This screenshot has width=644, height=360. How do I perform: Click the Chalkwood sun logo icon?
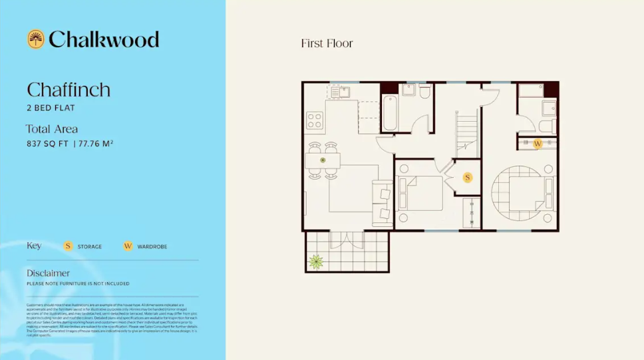[x=35, y=39]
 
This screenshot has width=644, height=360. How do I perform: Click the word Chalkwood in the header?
[x=103, y=39]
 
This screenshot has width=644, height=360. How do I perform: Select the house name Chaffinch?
[x=69, y=90]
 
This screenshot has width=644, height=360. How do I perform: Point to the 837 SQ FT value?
[x=47, y=143]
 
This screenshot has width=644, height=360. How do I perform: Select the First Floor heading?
[x=327, y=44]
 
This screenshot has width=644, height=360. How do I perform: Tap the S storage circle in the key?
[x=68, y=246]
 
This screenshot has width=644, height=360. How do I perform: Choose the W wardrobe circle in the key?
[x=128, y=246]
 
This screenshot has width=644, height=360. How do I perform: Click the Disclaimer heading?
[x=48, y=273]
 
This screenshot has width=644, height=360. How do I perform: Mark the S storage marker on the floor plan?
[x=468, y=178]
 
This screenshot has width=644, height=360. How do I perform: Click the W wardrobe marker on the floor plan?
[x=538, y=143]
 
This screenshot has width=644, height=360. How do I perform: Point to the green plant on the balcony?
[x=316, y=262]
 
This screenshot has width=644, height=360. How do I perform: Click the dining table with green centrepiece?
[x=323, y=160]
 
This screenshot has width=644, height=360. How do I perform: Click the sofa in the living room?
[x=383, y=200]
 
